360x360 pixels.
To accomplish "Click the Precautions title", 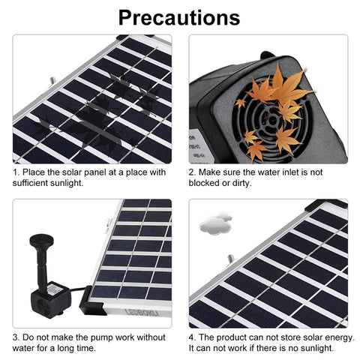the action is click(x=179, y=17).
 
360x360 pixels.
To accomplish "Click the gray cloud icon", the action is click(x=215, y=223).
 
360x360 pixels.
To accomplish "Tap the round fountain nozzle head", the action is click(x=41, y=240).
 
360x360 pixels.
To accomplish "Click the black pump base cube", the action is click(x=50, y=300).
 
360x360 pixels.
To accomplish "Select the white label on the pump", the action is click(x=55, y=290).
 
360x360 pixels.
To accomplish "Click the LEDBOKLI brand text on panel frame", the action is click(x=142, y=313).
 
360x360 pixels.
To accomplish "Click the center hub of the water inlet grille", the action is click(x=271, y=121).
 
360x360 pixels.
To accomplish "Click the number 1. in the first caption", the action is click(x=16, y=172).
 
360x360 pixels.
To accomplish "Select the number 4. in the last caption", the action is click(x=192, y=337).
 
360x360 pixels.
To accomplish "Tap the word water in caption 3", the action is click(x=23, y=348).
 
